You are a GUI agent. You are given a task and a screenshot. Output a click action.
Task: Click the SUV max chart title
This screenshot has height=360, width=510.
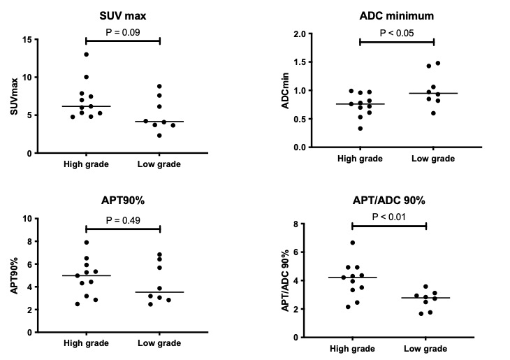click(x=123, y=16)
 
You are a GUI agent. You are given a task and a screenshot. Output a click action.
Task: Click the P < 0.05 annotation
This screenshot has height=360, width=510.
click(x=397, y=31)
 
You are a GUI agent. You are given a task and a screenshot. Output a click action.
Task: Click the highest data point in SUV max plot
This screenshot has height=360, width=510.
click(x=87, y=55)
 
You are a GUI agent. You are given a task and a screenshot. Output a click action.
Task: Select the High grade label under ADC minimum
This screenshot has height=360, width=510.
click(x=360, y=159)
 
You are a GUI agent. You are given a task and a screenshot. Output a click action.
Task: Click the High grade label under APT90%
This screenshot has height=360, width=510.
click(x=85, y=343)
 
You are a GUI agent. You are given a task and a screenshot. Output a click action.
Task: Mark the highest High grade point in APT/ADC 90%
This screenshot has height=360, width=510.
click(x=353, y=243)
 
